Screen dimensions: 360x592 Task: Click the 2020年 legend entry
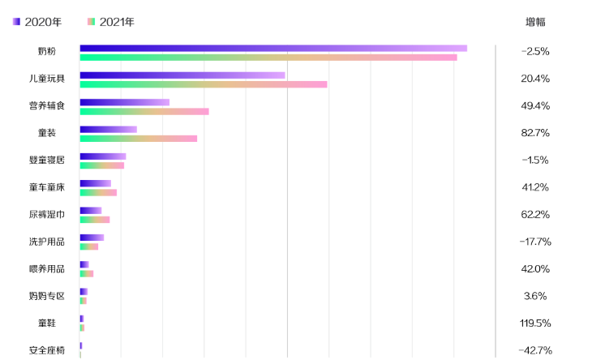[37, 22]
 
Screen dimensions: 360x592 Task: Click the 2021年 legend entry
[111, 22]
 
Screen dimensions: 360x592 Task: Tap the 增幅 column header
[535, 22]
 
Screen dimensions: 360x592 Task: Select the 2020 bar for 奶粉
[273, 49]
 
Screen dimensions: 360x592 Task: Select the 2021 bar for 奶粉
[268, 58]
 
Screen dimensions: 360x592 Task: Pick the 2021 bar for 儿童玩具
[204, 84]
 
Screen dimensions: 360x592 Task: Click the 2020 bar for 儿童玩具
[182, 75]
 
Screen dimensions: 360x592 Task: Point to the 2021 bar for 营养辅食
[144, 111]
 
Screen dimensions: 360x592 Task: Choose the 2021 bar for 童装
[139, 139]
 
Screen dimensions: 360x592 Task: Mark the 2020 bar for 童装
[109, 130]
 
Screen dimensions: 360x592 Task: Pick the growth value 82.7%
[535, 133]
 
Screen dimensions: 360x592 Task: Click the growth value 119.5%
[535, 323]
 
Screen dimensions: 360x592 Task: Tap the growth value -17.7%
[535, 242]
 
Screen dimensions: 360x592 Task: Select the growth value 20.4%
[535, 79]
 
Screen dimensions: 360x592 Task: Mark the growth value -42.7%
[535, 350]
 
